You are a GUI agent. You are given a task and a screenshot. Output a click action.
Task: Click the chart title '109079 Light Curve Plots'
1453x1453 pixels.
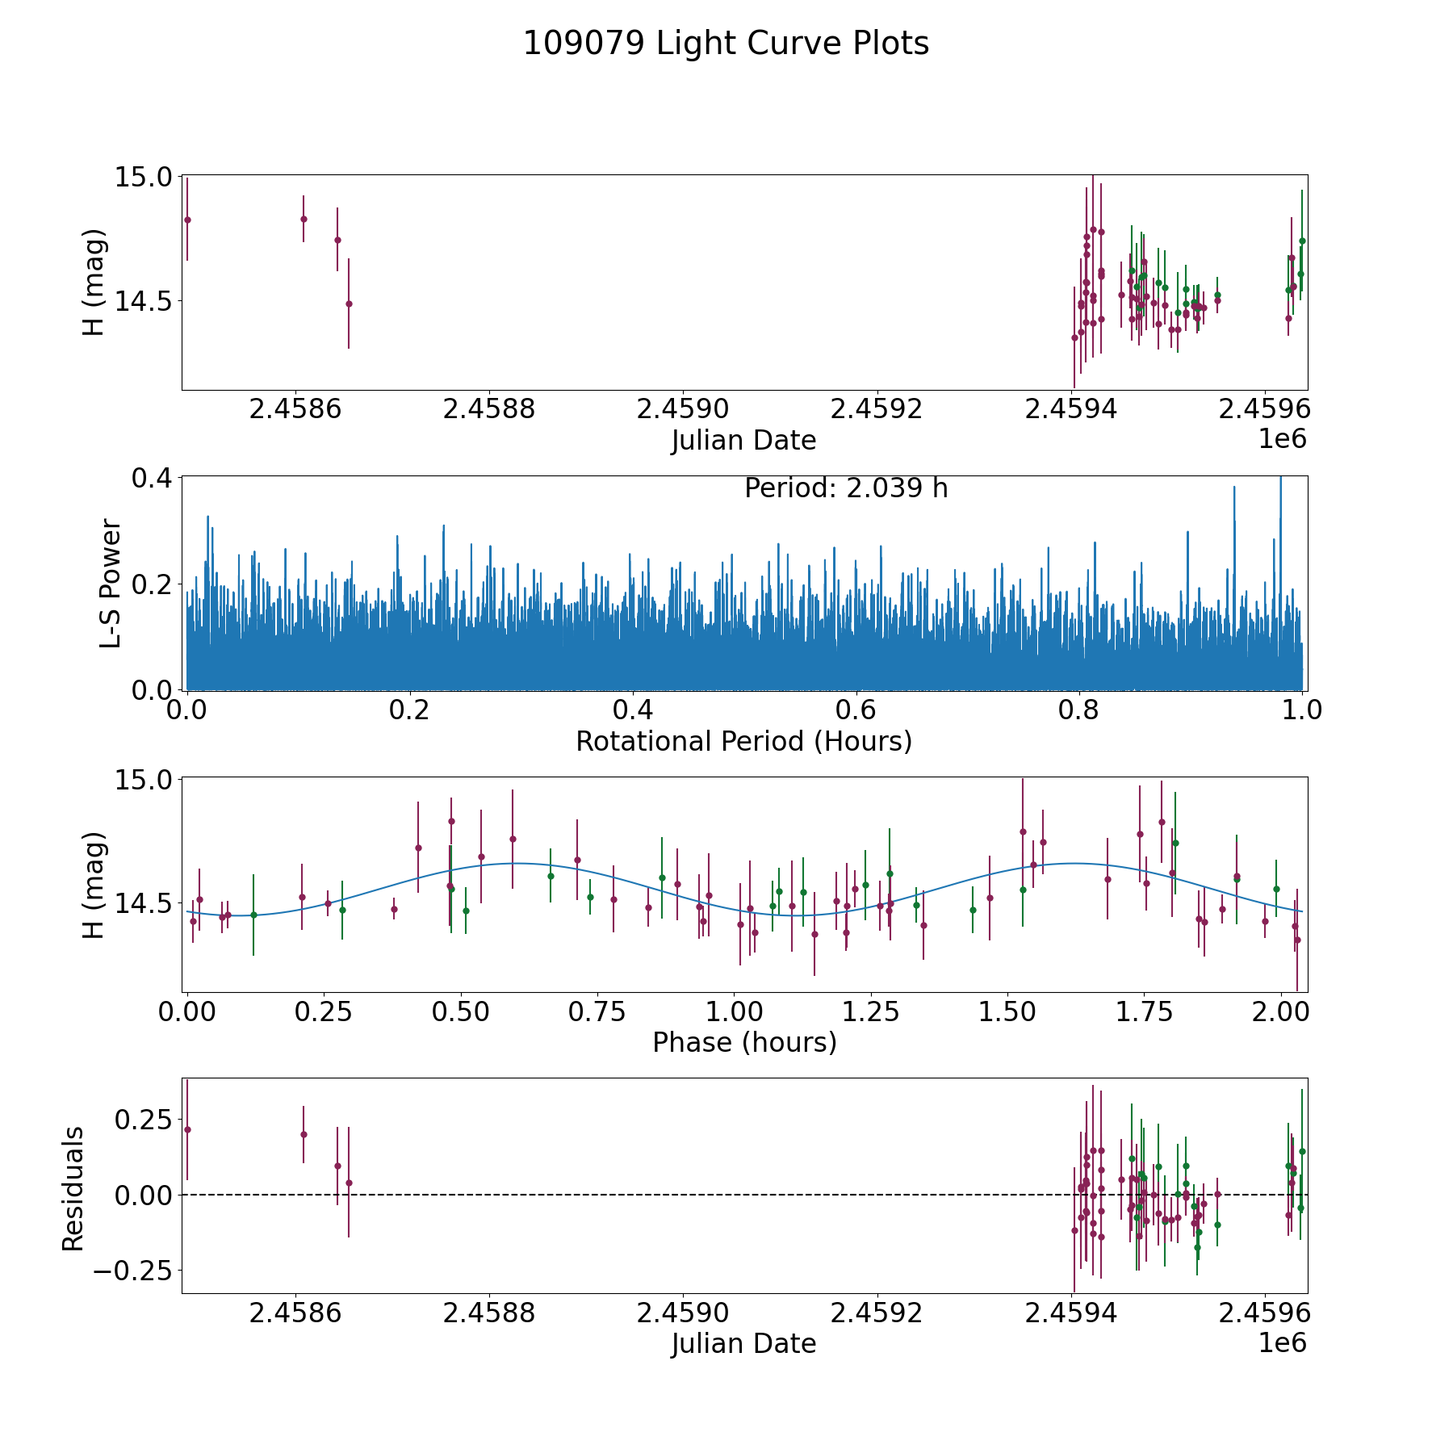click(726, 44)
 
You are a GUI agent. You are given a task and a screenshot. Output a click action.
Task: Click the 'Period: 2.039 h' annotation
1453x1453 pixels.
click(846, 488)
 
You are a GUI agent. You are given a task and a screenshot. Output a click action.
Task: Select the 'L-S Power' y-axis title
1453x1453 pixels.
click(111, 583)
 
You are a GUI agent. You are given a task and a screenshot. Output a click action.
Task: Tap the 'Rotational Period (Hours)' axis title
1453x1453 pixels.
click(743, 741)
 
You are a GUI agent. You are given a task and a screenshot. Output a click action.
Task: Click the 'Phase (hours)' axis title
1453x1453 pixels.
click(744, 1042)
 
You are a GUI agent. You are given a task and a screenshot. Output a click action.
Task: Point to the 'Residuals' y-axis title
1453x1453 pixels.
click(73, 1189)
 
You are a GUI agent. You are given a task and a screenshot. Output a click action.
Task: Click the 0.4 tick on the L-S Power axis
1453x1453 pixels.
click(153, 478)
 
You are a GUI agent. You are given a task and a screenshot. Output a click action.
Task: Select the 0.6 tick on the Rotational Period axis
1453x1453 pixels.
click(856, 710)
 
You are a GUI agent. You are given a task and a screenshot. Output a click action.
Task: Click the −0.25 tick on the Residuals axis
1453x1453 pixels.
click(132, 1271)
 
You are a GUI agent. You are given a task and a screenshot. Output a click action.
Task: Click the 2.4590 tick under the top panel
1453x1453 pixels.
click(683, 409)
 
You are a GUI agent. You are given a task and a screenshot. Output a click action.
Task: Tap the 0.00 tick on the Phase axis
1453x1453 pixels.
click(187, 1012)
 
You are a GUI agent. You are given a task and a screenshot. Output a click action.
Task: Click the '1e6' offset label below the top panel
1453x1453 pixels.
click(1282, 439)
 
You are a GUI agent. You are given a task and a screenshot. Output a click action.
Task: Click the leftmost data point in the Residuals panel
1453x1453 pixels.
click(187, 1129)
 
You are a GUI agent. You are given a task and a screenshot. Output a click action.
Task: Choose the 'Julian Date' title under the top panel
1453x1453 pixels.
click(743, 441)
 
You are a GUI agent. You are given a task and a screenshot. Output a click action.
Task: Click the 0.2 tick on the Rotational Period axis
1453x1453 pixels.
click(410, 710)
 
